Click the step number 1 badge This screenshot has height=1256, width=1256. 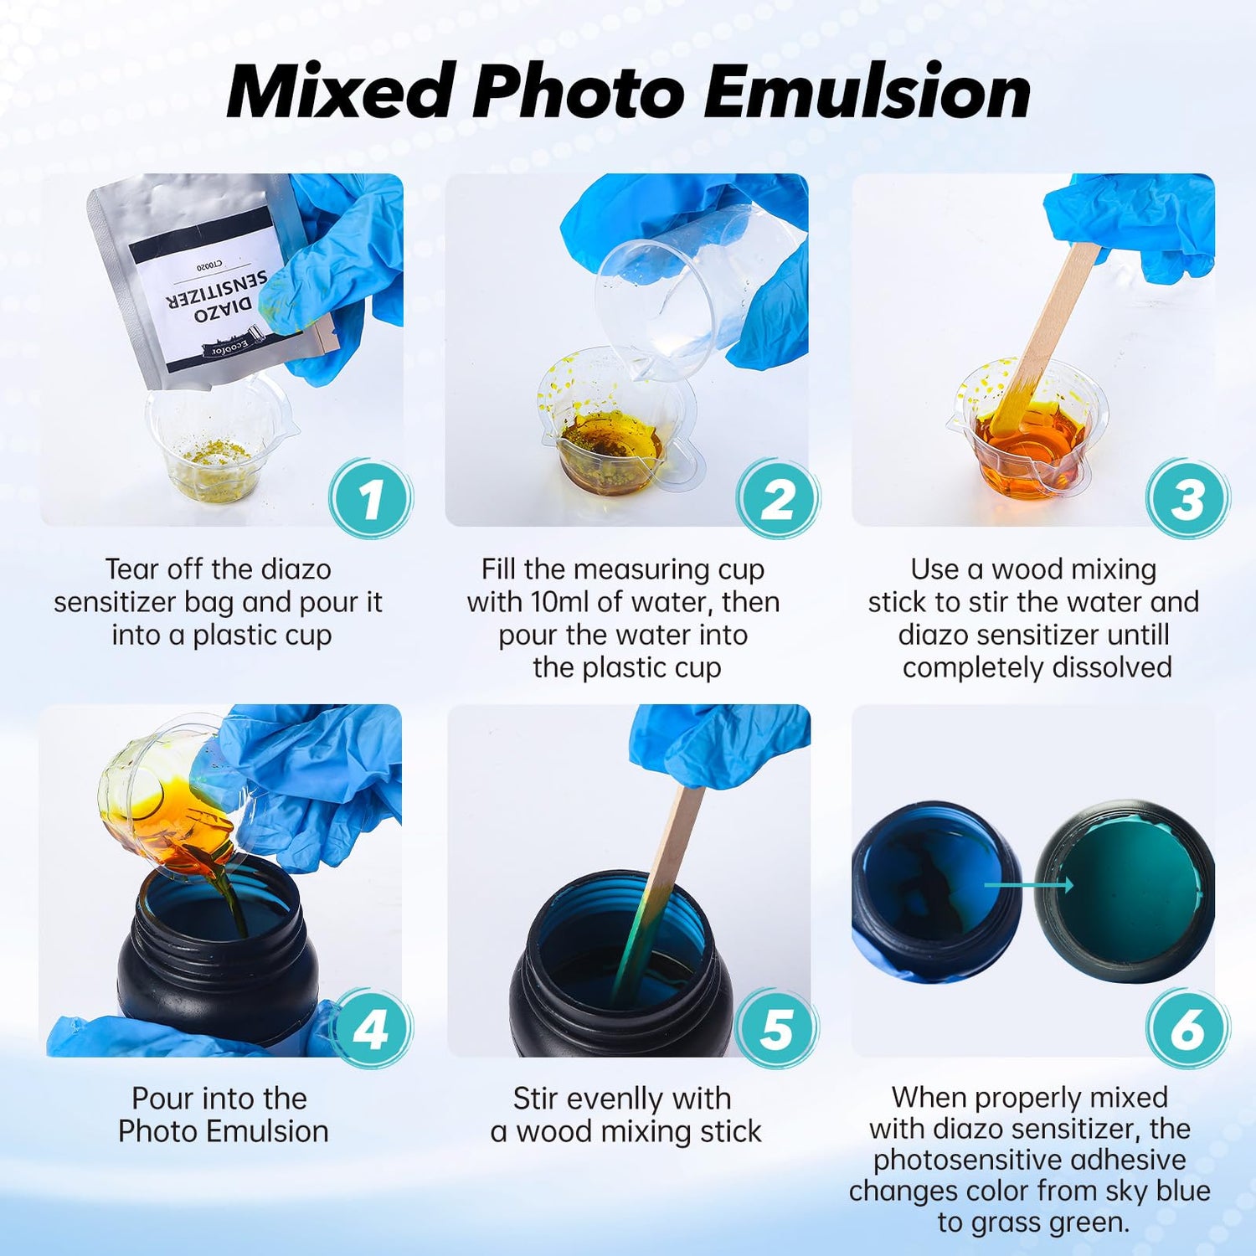(371, 499)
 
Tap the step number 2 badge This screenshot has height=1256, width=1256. (778, 499)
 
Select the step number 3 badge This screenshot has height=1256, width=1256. (1187, 499)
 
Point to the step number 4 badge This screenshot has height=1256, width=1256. (371, 1029)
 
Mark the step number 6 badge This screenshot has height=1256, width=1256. (1187, 1029)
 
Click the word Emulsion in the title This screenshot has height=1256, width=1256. (867, 91)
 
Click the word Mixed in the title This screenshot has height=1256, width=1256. (342, 91)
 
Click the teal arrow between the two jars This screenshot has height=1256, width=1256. (1028, 884)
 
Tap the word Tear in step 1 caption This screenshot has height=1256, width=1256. (131, 569)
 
